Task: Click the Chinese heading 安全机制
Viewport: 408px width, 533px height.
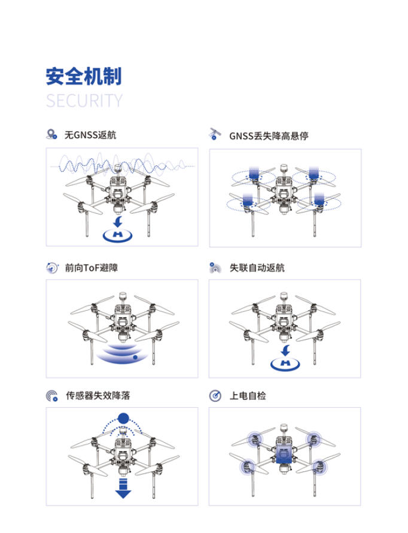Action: (84, 77)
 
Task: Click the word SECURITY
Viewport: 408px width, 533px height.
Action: (84, 101)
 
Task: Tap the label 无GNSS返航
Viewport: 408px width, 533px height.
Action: (90, 135)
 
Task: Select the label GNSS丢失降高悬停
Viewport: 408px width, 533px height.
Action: (269, 136)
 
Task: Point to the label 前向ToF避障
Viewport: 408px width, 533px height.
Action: (92, 268)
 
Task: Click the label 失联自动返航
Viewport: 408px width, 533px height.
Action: (257, 268)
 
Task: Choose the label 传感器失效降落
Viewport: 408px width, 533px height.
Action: (98, 396)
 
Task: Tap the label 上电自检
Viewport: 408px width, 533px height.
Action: (248, 396)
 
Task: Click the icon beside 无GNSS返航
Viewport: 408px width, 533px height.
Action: (51, 134)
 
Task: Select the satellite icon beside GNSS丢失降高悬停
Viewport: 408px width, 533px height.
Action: (215, 134)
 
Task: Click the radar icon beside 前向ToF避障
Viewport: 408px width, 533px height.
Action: (52, 268)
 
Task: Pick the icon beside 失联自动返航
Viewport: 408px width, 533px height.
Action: (215, 268)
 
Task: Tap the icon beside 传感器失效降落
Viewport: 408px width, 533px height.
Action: (52, 396)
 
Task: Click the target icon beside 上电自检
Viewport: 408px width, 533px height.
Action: (215, 396)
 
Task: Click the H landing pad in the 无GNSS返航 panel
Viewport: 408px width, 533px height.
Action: (117, 235)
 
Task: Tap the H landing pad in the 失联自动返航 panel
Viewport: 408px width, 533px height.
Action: (285, 364)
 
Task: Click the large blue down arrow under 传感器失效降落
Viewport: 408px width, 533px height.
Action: (123, 489)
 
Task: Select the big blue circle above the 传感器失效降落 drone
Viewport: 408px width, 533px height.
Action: (123, 418)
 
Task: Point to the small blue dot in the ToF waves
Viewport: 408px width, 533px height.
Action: (135, 358)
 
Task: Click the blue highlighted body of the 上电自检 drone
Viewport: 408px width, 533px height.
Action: (284, 455)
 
